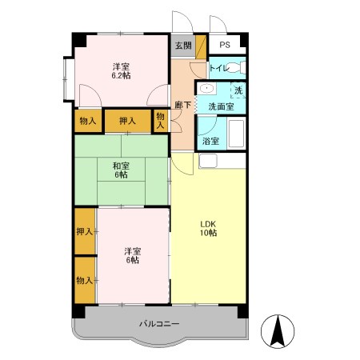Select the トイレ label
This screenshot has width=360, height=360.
219,70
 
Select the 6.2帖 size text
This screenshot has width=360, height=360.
121,75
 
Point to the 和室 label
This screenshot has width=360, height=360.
121,166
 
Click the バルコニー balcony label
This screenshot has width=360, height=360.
158,323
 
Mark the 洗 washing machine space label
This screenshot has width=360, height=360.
238,90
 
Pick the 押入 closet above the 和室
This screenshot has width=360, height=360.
127,121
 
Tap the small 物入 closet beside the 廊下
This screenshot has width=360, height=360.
161,121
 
